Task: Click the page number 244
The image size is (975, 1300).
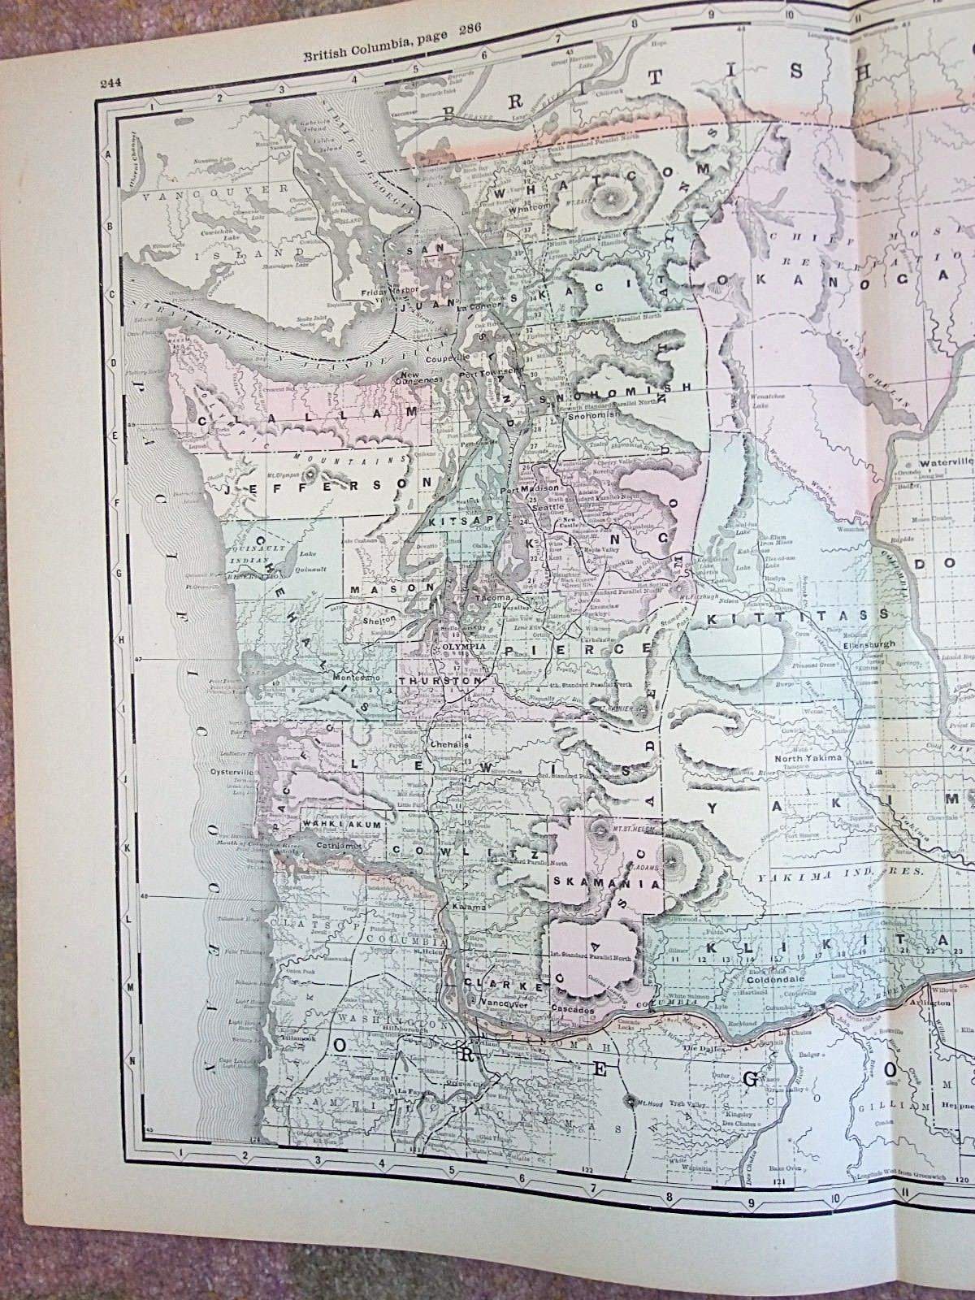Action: pyautogui.click(x=111, y=80)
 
